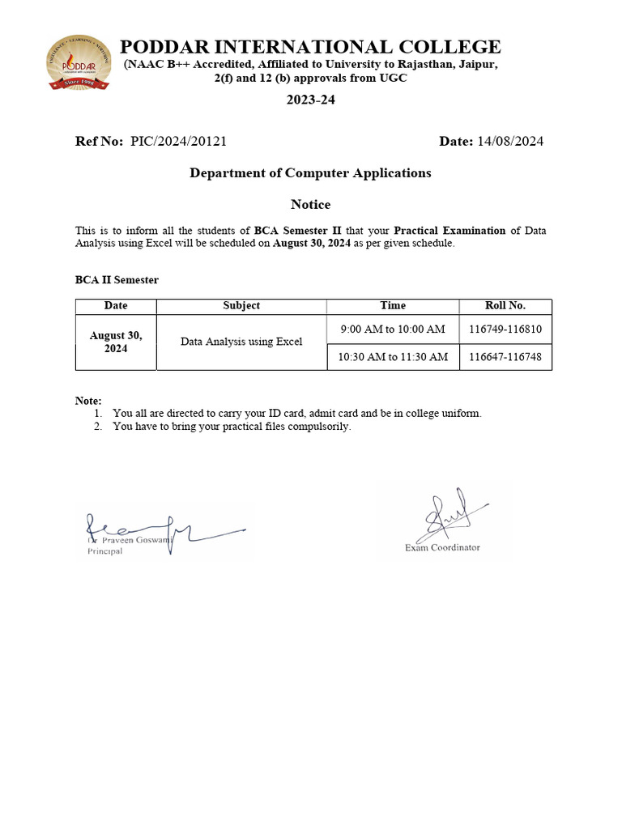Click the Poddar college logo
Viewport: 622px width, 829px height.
click(79, 63)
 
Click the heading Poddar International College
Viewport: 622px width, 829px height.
click(310, 47)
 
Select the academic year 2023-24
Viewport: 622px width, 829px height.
click(310, 100)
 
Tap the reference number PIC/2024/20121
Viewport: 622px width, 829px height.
click(178, 141)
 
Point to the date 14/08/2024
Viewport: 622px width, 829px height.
click(510, 141)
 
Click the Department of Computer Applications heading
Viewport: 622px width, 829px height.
click(310, 172)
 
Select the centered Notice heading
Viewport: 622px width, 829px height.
click(310, 204)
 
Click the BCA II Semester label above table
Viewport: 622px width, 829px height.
click(117, 279)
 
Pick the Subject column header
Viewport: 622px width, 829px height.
click(241, 306)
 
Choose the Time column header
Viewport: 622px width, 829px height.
click(393, 306)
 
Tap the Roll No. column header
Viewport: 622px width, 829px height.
click(505, 306)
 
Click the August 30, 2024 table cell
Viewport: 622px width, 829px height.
click(116, 342)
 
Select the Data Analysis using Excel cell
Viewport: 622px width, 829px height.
click(241, 342)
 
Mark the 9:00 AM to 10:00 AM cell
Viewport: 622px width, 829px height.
click(393, 329)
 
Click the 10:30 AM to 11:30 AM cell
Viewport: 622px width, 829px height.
click(393, 356)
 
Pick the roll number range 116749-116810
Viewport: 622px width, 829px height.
click(505, 329)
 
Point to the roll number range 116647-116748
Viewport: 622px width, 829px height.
click(505, 356)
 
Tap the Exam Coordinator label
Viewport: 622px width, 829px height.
click(442, 547)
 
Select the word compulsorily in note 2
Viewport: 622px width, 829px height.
click(323, 427)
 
